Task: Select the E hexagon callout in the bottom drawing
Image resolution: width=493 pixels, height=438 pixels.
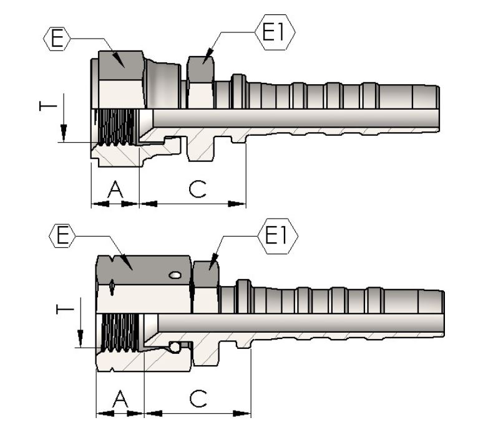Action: click(x=62, y=236)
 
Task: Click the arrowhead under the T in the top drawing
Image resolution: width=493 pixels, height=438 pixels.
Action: click(x=64, y=135)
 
